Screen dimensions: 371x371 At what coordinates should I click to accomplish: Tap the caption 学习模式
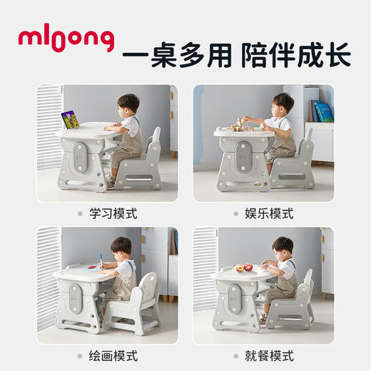(114, 213)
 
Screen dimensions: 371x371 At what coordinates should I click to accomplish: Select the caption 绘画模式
(114, 355)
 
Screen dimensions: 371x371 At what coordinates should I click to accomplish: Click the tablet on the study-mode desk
(71, 119)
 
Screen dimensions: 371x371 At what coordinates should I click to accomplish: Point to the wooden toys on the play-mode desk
(238, 124)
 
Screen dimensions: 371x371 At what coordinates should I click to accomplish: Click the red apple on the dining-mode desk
(248, 268)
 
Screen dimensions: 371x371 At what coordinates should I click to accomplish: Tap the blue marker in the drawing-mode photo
(101, 260)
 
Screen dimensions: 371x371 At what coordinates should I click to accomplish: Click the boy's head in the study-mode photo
(128, 104)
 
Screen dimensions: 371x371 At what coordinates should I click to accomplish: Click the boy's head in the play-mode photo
(283, 103)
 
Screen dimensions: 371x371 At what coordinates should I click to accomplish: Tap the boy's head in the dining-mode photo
(283, 248)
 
